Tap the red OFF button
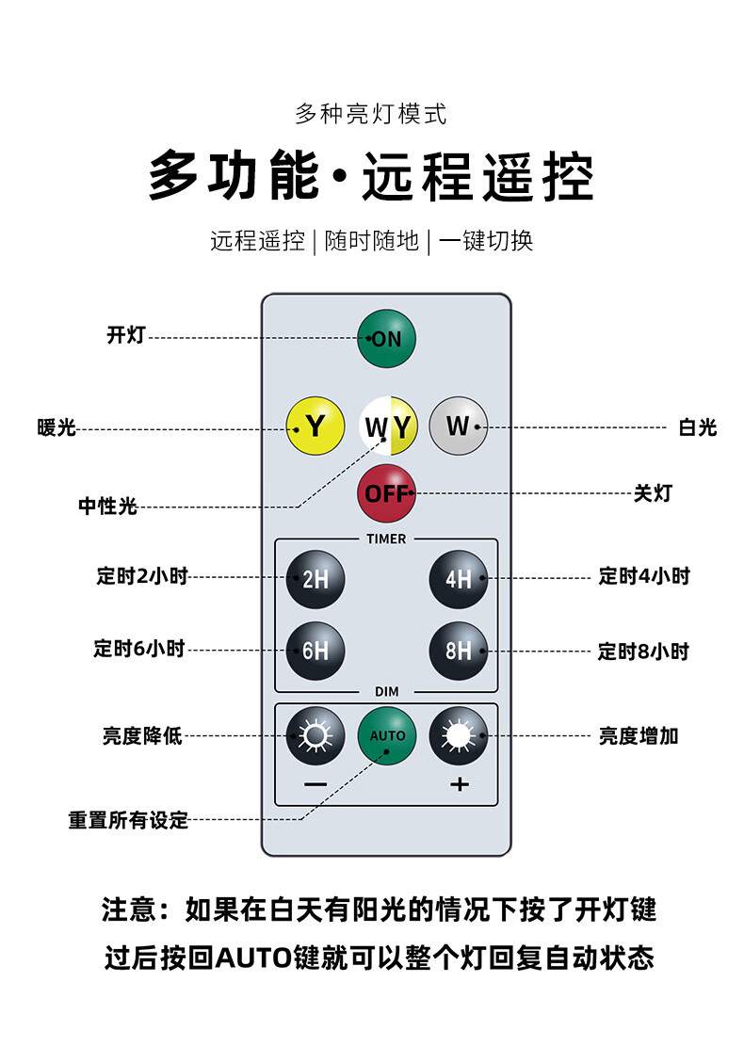(x=386, y=493)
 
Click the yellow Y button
(x=315, y=426)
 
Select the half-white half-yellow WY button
(x=388, y=426)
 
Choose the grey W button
(x=459, y=426)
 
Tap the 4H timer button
(x=459, y=579)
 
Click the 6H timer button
(x=315, y=651)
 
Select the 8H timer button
(x=459, y=651)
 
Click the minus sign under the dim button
(x=315, y=784)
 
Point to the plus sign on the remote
(x=459, y=784)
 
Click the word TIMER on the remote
(x=386, y=539)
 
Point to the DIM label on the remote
(x=387, y=692)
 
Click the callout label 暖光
(x=57, y=426)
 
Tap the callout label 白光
(x=697, y=426)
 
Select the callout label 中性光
(x=107, y=506)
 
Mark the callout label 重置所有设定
(x=128, y=820)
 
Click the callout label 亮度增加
(x=639, y=736)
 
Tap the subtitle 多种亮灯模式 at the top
(x=371, y=114)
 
